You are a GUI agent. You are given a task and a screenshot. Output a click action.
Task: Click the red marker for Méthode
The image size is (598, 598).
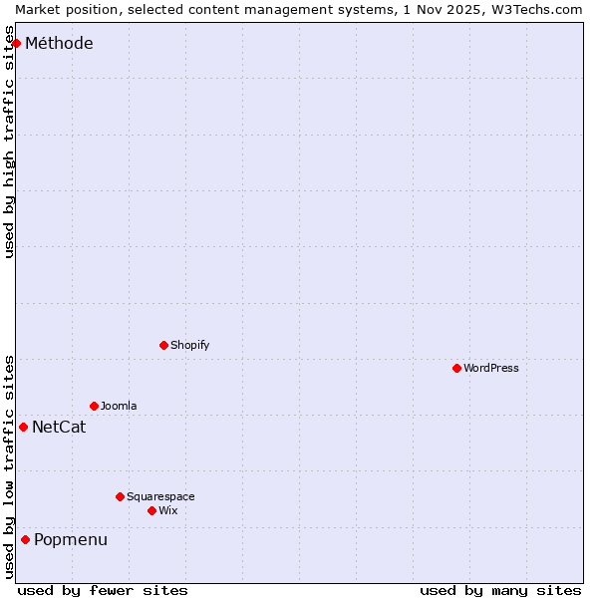click(16, 43)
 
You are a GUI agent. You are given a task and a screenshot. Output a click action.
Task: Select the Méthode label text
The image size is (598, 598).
click(59, 43)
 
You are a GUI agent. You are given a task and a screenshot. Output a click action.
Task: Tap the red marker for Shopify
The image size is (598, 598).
click(163, 345)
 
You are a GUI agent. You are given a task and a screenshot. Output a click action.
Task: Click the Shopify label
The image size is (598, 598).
click(190, 345)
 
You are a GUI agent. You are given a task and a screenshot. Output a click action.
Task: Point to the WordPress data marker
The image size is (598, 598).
click(456, 368)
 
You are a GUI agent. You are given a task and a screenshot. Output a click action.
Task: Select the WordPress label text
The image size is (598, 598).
click(491, 368)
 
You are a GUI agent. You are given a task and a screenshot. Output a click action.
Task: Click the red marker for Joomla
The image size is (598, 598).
click(94, 406)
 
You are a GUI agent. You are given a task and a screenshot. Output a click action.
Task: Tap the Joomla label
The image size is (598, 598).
click(119, 406)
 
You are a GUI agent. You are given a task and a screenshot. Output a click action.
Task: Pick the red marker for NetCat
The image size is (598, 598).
click(23, 427)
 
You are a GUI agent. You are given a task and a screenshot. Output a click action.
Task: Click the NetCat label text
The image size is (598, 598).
click(59, 428)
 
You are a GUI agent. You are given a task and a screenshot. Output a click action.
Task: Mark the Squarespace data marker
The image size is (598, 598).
click(120, 496)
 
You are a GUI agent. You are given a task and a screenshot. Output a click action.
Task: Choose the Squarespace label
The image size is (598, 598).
click(160, 496)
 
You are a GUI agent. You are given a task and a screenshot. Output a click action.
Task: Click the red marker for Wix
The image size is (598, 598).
click(151, 510)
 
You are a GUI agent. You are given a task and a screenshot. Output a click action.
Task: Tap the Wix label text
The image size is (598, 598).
click(168, 510)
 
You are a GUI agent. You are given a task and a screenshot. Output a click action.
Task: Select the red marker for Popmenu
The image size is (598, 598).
click(25, 539)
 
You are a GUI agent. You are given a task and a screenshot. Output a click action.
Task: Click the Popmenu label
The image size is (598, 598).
click(71, 540)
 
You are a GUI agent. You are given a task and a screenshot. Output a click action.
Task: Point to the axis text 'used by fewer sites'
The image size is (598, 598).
click(103, 590)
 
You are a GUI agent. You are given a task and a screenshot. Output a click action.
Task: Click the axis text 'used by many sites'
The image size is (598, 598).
click(500, 590)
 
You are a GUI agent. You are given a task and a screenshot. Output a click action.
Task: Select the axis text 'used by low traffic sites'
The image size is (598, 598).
click(9, 466)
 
